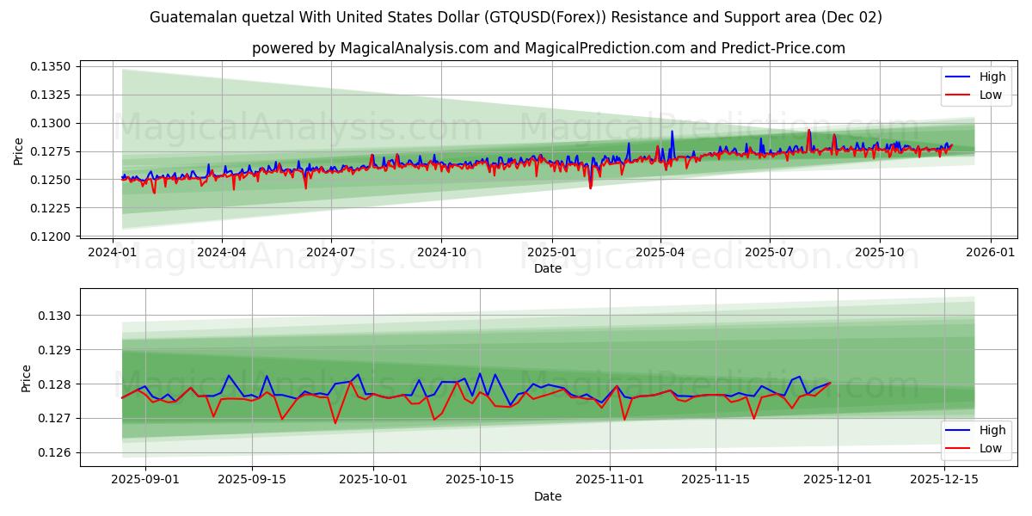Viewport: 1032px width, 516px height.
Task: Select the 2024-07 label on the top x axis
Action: click(x=332, y=253)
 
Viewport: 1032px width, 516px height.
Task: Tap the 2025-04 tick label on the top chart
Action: click(x=660, y=253)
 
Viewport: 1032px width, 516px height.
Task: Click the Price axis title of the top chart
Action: click(x=19, y=151)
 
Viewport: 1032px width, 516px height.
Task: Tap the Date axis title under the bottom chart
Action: click(x=548, y=496)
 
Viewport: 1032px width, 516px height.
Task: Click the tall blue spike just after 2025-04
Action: click(x=672, y=132)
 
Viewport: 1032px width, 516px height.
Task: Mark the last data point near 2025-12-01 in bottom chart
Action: click(x=830, y=383)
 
